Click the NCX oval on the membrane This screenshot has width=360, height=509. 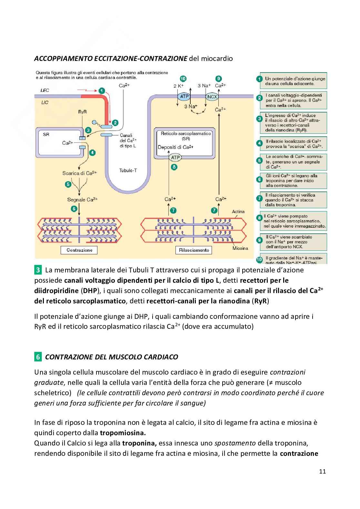pyautogui.click(x=212, y=96)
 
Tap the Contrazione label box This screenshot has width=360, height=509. pyautogui.click(x=79, y=250)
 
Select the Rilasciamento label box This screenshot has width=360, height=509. pyautogui.click(x=194, y=250)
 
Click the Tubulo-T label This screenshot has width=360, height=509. pyautogui.click(x=128, y=170)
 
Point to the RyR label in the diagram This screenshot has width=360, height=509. pyautogui.click(x=83, y=112)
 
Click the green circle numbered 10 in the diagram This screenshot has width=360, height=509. pyautogui.click(x=183, y=79)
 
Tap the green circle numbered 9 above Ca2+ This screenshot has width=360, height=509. pyautogui.click(x=219, y=79)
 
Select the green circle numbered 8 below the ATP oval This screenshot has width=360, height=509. pyautogui.click(x=175, y=167)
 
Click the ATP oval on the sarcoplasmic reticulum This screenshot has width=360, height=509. pyautogui.click(x=175, y=157)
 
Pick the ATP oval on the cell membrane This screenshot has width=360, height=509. pyautogui.click(x=184, y=96)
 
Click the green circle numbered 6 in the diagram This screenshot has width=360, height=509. pyautogui.click(x=74, y=209)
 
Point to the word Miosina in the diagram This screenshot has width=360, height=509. pyautogui.click(x=240, y=248)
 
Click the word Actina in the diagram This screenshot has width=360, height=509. pyautogui.click(x=238, y=211)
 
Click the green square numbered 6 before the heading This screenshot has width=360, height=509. pyautogui.click(x=38, y=357)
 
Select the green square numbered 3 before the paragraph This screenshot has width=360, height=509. pyautogui.click(x=38, y=269)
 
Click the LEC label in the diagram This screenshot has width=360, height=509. pyautogui.click(x=45, y=91)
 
